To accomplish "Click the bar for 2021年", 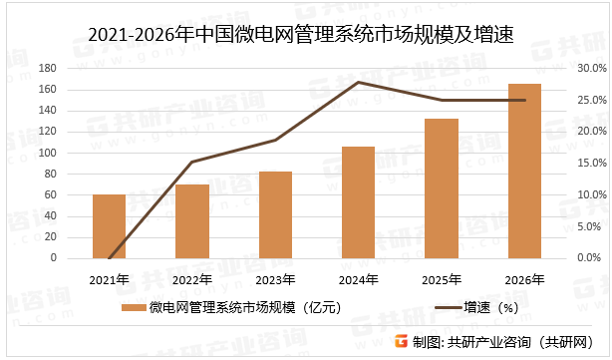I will coord(109,226).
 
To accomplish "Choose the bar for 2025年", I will coord(442,188).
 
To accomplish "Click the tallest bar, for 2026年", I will coord(524,171).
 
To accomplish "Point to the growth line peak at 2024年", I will coord(358,82).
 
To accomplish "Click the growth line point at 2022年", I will coord(192,162).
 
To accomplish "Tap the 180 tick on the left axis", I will coord(47,69).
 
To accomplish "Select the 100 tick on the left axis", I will coord(47,153).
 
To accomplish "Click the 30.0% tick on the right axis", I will coord(592,69).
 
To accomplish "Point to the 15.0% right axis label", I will coord(592,164).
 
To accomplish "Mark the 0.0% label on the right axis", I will coord(592,258).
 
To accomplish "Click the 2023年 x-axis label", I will coord(275,278).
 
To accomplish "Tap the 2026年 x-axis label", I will coord(524,278).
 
